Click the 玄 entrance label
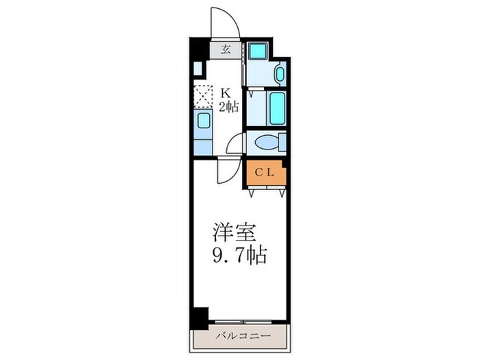click(x=225, y=49)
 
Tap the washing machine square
click(x=259, y=51)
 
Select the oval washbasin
click(x=279, y=73)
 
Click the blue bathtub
click(x=276, y=108)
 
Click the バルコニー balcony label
click(x=240, y=336)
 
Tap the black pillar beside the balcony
click(x=199, y=316)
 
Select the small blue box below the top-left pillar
click(x=197, y=69)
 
